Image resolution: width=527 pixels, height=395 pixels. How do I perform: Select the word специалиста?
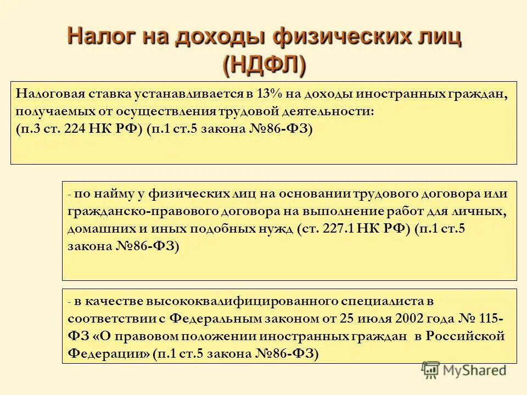tap(394, 301)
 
